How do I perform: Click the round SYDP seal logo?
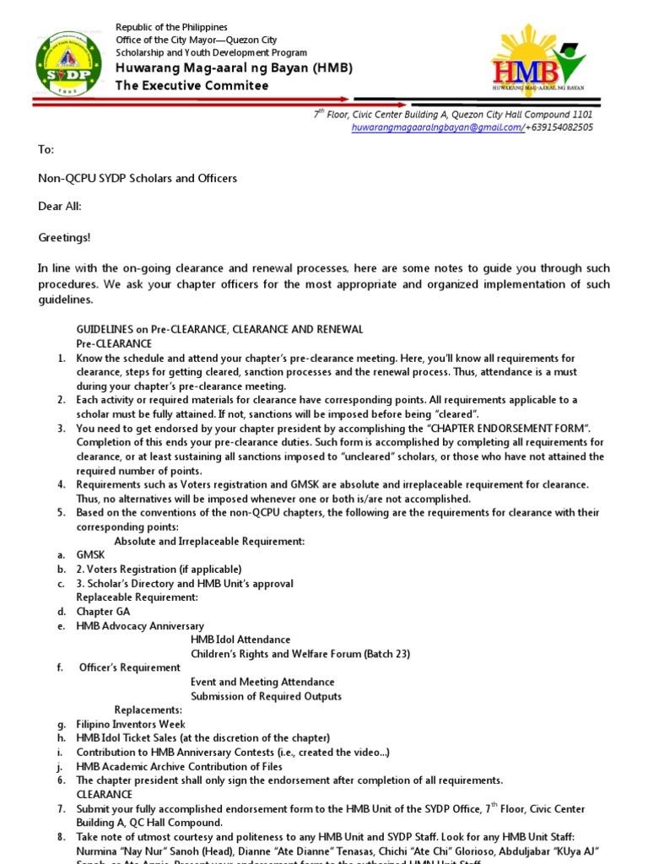click(x=69, y=64)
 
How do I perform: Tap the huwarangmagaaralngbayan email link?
click(x=437, y=127)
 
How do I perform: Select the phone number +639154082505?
click(x=559, y=127)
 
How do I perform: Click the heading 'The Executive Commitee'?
click(x=192, y=85)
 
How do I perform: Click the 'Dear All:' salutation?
click(x=60, y=207)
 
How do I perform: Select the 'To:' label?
click(x=46, y=149)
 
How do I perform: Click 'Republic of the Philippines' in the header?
click(x=171, y=28)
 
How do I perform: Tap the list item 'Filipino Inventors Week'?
click(x=131, y=724)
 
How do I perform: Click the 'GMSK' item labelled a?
click(x=90, y=555)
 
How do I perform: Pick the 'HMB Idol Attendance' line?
click(x=240, y=640)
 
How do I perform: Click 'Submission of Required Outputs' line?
click(x=266, y=696)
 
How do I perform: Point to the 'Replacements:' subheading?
click(x=148, y=710)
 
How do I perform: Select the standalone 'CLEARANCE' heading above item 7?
click(x=105, y=795)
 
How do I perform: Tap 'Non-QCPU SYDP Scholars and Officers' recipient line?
click(x=138, y=178)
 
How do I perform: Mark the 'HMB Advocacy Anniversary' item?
click(x=140, y=626)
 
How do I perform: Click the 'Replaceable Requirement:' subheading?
click(x=137, y=597)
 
